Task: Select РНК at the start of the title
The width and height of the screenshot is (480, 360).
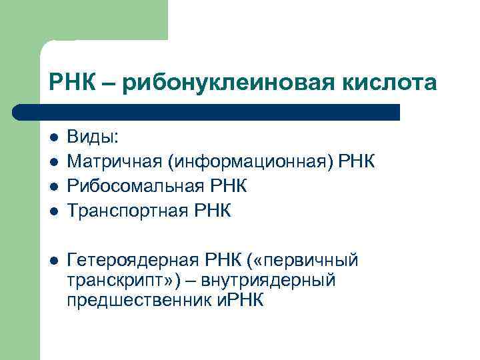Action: coord(69,83)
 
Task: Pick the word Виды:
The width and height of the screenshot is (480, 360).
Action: coord(93,137)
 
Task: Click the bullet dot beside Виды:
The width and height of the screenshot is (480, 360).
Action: coord(54,138)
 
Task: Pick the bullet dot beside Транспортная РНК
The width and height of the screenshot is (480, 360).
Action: coord(54,211)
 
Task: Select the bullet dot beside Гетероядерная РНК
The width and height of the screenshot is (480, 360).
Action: coord(54,259)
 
